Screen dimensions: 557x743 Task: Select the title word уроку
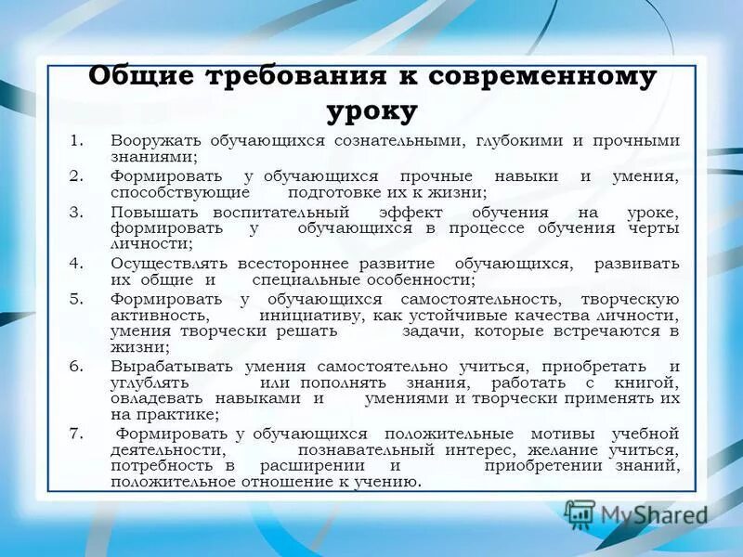[x=371, y=110]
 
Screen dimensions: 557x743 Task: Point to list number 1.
[x=77, y=141]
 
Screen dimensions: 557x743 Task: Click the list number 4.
[x=77, y=264]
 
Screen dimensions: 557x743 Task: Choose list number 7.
[x=77, y=434]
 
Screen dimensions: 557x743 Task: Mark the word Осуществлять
[x=167, y=264]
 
